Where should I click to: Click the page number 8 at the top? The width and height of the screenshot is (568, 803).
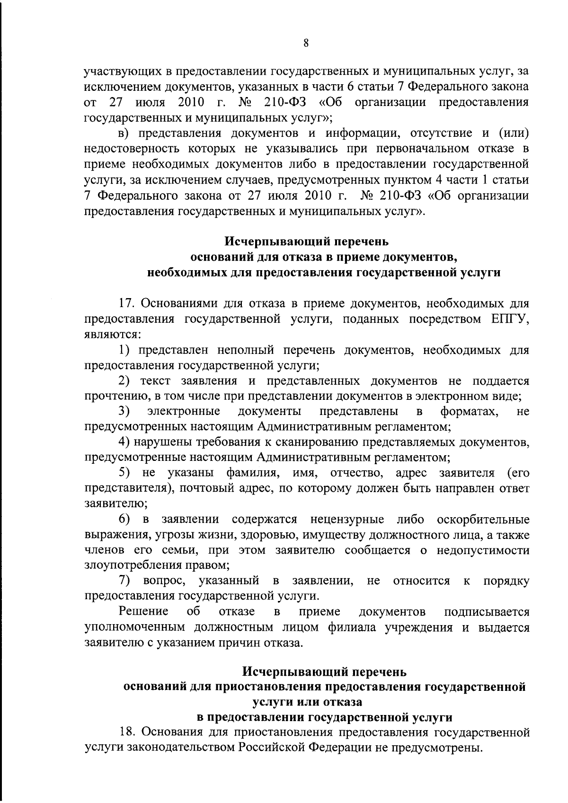[x=306, y=43]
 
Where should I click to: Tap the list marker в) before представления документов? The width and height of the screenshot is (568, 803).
[x=124, y=134]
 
